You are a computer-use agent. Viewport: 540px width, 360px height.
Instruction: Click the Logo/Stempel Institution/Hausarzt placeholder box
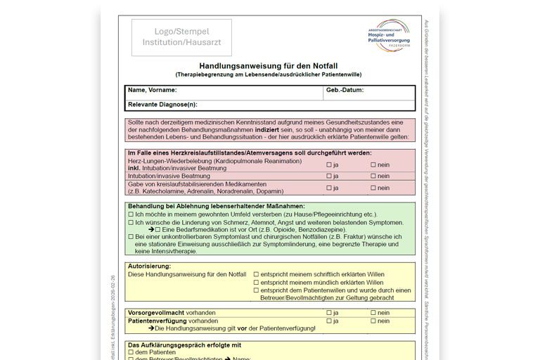point(181,37)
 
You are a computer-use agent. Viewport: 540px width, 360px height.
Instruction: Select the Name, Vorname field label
point(152,91)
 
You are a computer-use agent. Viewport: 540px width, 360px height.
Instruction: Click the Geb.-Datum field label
point(345,91)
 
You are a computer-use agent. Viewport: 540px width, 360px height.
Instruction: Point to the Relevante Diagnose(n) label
point(162,105)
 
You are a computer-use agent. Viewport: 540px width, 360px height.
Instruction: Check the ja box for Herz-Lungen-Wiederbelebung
point(328,165)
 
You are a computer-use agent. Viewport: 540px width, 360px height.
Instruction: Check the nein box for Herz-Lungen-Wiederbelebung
point(373,165)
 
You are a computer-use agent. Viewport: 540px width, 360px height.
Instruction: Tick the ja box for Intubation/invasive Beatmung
point(328,176)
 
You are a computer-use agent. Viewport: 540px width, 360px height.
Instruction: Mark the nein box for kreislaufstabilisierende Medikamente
point(373,188)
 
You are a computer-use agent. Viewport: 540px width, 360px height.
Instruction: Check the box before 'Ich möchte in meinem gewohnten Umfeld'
point(131,214)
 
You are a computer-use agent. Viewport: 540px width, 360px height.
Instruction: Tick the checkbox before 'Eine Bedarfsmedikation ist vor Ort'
point(158,229)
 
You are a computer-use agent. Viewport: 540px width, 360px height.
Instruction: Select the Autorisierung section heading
point(149,266)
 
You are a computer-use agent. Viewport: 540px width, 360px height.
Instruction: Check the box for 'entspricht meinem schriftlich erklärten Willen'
point(256,274)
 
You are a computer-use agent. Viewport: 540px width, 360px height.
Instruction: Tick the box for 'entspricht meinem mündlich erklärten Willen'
point(256,282)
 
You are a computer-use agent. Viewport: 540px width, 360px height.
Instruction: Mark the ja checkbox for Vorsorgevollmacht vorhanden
point(328,313)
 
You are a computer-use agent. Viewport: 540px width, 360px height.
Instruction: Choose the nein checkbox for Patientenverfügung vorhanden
point(373,321)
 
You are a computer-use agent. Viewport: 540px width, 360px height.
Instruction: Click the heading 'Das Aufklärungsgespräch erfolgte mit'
point(184,345)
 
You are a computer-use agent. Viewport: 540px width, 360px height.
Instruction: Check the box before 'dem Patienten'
point(131,353)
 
